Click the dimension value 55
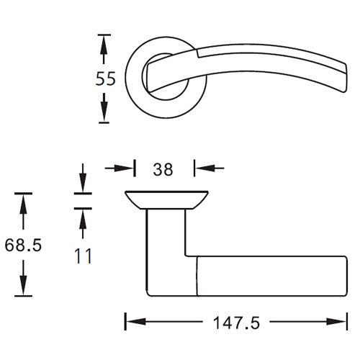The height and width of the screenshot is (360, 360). coord(106,78)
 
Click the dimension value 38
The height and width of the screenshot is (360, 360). coord(163,169)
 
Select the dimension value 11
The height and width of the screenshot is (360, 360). coord(83,256)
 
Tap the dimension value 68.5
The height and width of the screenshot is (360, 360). coord(23,245)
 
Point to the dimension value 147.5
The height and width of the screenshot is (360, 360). coord(236,323)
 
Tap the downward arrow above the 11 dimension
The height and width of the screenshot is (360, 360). coord(83,178)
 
